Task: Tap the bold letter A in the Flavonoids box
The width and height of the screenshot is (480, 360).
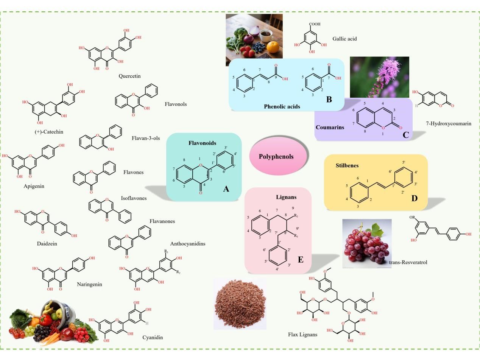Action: click(226, 188)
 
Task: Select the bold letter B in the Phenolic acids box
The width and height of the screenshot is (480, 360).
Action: click(329, 100)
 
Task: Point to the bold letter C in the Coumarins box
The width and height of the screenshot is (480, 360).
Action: click(406, 135)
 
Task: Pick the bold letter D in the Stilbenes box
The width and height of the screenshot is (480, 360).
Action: click(414, 198)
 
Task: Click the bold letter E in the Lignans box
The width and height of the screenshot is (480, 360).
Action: click(301, 259)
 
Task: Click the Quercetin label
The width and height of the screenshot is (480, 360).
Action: click(129, 76)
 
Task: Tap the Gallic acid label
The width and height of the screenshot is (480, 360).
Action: click(344, 39)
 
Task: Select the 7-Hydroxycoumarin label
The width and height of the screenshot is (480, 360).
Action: click(449, 123)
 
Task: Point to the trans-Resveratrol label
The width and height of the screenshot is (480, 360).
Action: click(408, 262)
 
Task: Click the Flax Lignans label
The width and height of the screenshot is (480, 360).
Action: click(302, 334)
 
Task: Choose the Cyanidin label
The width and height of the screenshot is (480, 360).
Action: click(153, 337)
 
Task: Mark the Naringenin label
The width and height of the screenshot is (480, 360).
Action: click(89, 284)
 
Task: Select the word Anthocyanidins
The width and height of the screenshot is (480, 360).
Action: click(188, 243)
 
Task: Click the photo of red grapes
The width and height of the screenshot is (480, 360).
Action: click(366, 243)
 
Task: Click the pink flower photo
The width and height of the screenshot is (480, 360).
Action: click(379, 77)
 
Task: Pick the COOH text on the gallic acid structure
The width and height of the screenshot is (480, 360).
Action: click(315, 24)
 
